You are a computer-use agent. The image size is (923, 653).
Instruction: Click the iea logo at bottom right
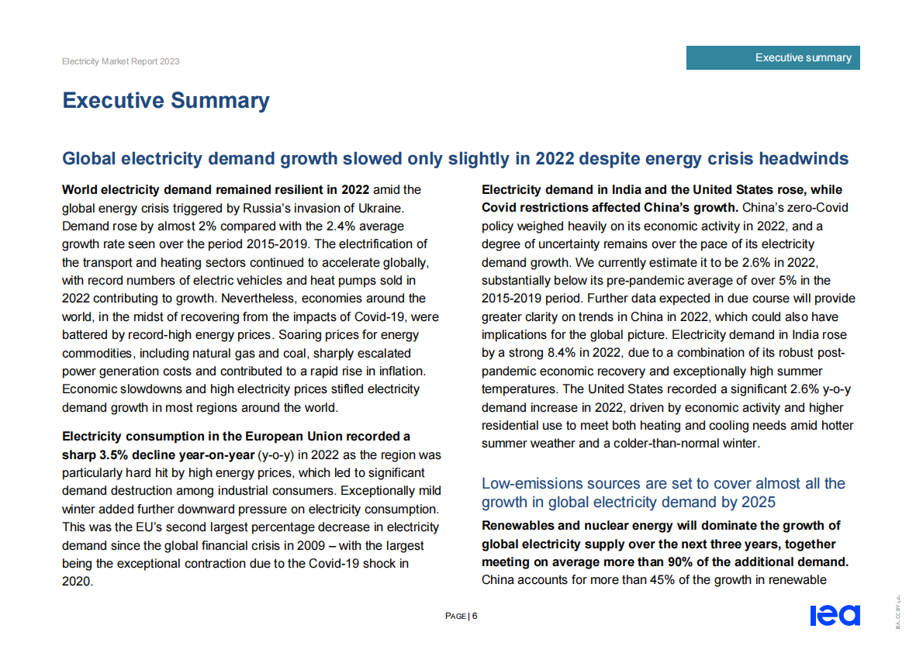coord(835,616)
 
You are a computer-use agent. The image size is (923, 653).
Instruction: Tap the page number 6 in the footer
coord(475,616)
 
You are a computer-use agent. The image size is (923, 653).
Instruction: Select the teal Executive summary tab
coord(773,58)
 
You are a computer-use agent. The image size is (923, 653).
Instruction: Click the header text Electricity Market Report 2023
coord(120,61)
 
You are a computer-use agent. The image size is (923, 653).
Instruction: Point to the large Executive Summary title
coord(166,101)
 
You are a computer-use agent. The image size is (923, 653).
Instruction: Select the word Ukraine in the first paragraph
coord(380,208)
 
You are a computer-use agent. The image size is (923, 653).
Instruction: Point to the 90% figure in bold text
coord(665,561)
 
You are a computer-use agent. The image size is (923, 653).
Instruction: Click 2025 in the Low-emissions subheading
coord(760,503)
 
